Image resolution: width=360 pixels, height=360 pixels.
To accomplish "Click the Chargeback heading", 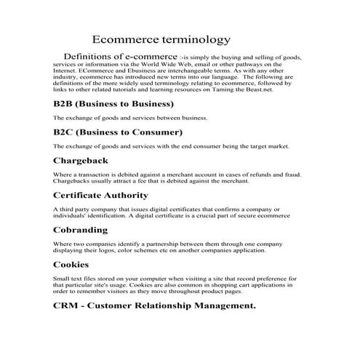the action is click(81, 161).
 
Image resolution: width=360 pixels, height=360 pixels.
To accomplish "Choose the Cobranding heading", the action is click(81, 230).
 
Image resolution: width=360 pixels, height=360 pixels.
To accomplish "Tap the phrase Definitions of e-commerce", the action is click(120, 56).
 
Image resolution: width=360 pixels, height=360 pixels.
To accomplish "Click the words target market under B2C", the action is click(267, 146).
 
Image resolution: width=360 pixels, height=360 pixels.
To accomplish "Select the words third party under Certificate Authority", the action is click(72, 209).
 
